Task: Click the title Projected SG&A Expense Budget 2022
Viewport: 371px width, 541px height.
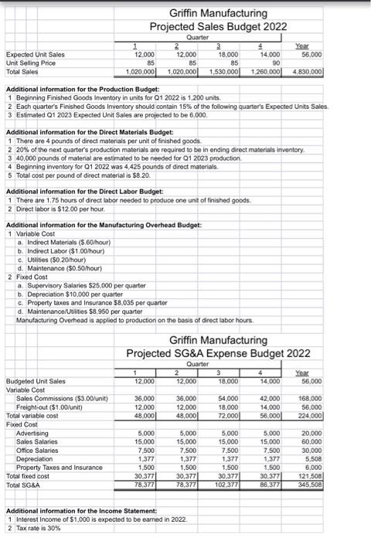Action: [218, 354]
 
